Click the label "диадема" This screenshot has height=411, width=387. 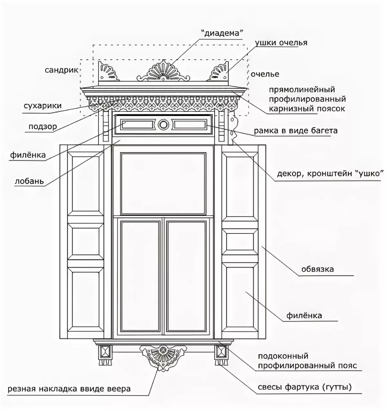click(x=222, y=34)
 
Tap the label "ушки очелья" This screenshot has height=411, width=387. click(x=281, y=43)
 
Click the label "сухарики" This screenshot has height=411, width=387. click(x=42, y=106)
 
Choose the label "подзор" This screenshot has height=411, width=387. click(x=43, y=126)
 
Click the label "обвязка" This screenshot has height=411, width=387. click(x=317, y=269)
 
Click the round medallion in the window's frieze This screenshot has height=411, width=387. click(x=163, y=124)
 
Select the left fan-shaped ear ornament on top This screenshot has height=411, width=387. click(x=107, y=72)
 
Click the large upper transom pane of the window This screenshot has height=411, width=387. click(x=163, y=183)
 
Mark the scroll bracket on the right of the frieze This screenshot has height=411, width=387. click(x=233, y=127)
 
